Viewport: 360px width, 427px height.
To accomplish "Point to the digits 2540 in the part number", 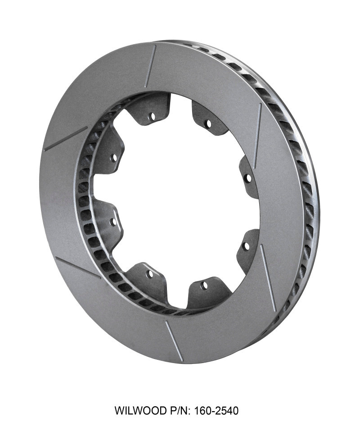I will point(225,410).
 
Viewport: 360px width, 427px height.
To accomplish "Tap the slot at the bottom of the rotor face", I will point(174,341).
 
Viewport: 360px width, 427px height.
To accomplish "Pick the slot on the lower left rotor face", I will point(77,268).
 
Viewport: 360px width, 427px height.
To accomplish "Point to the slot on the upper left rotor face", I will point(66,138).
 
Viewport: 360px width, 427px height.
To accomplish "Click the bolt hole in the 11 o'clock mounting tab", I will point(151,116).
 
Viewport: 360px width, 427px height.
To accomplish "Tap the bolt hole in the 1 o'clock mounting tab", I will point(207,123).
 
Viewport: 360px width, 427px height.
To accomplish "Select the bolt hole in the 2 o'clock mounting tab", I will point(247,177).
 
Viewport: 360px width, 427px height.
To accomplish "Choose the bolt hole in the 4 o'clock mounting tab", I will point(246,246).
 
